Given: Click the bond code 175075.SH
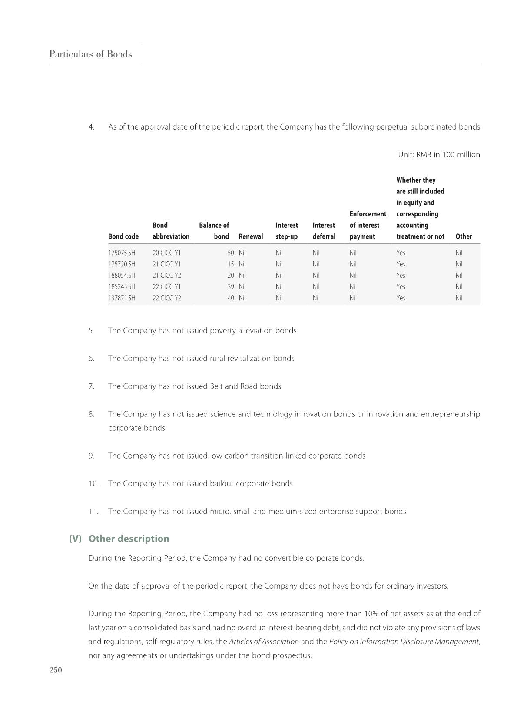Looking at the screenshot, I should pyautogui.click(x=122, y=253).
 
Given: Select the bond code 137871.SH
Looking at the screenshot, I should pyautogui.click(x=122, y=298).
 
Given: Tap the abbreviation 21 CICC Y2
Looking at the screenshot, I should pyautogui.click(x=166, y=275).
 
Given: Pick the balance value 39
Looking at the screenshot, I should pyautogui.click(x=230, y=286).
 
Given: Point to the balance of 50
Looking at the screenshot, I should pyautogui.click(x=230, y=253).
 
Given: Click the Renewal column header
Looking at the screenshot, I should pyautogui.click(x=251, y=236).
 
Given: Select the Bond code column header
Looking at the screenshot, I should pyautogui.click(x=123, y=236).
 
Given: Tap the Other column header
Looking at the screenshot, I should pyautogui.click(x=463, y=236).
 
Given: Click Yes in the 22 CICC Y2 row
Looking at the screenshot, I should pyautogui.click(x=401, y=298).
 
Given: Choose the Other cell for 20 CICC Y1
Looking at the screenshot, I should pyautogui.click(x=459, y=253).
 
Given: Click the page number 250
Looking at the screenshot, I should pyautogui.click(x=56, y=670).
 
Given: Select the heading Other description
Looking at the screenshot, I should pyautogui.click(x=129, y=539).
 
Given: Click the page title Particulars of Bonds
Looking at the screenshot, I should pyautogui.click(x=90, y=54).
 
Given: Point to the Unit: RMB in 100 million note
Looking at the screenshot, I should pyautogui.click(x=439, y=155).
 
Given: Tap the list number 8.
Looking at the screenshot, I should pyautogui.click(x=91, y=414).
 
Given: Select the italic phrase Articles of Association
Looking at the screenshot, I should pyautogui.click(x=264, y=642).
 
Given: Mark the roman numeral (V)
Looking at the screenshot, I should pyautogui.click(x=75, y=539).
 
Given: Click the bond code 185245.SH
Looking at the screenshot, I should pyautogui.click(x=122, y=286).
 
